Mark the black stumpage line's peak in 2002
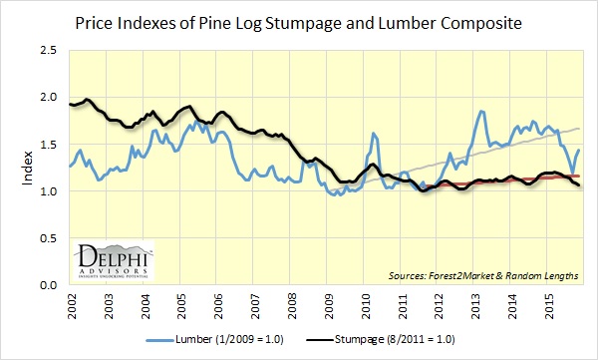click(x=88, y=100)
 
